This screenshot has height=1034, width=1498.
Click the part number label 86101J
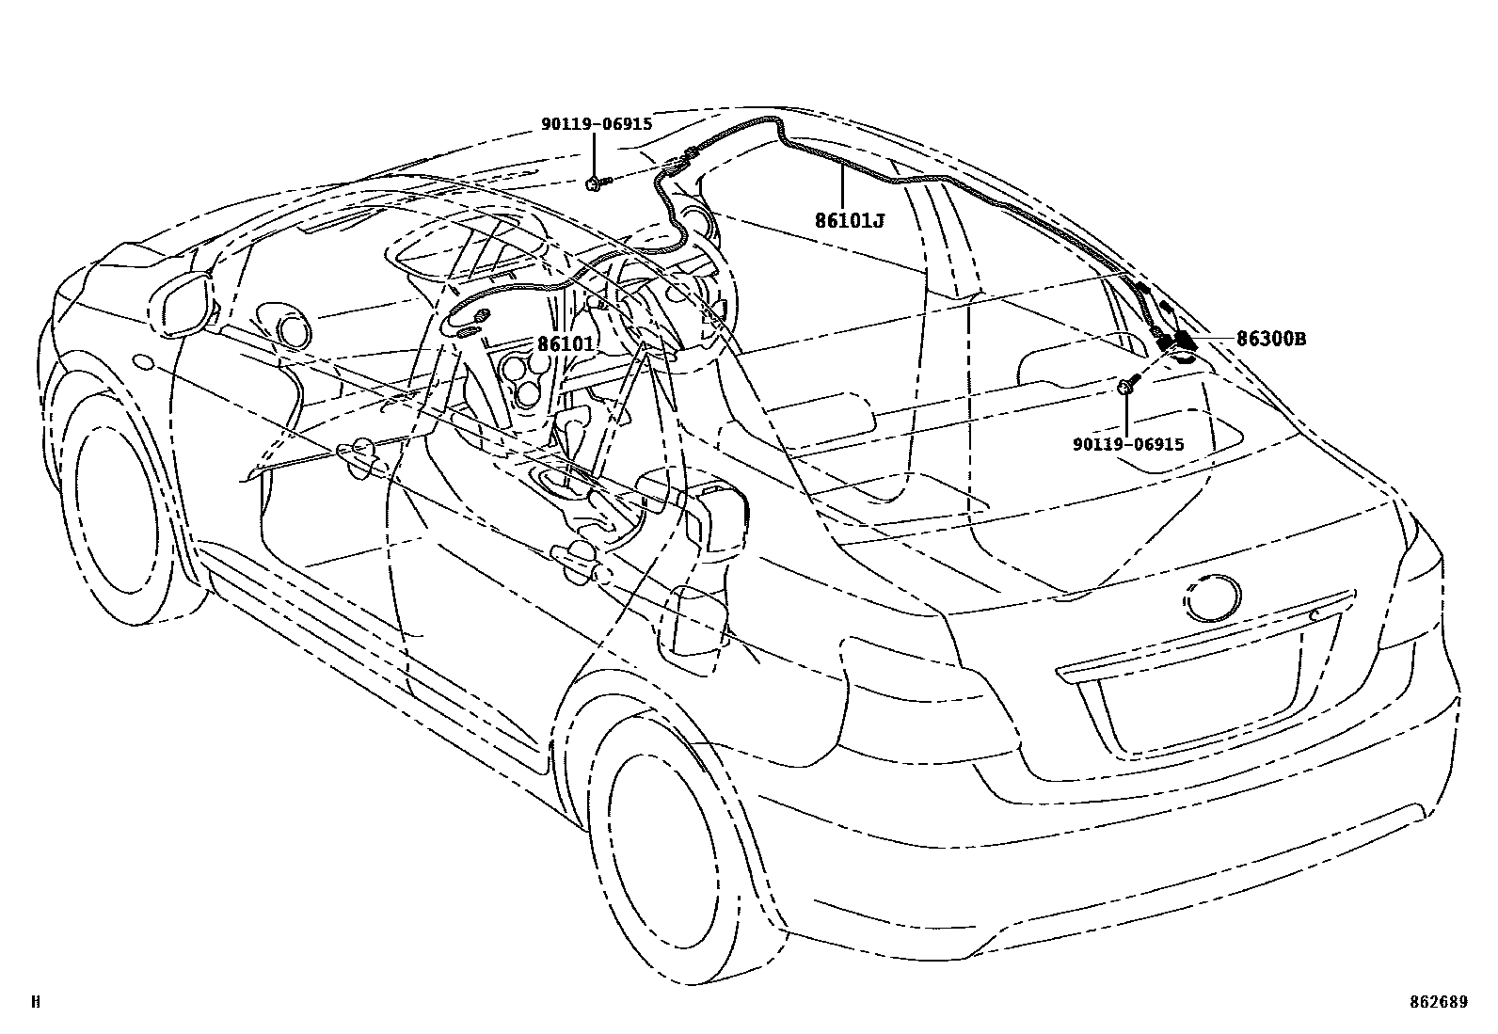click(850, 221)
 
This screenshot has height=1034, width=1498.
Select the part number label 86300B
click(1270, 339)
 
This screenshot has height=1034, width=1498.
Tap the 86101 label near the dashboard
click(566, 344)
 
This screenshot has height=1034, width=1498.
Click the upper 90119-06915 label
click(596, 124)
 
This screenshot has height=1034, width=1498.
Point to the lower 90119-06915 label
click(1127, 444)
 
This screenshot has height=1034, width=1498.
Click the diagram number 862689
click(1439, 1002)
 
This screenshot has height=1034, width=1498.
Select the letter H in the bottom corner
click(36, 1002)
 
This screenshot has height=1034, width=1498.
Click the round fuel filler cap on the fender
click(145, 360)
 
